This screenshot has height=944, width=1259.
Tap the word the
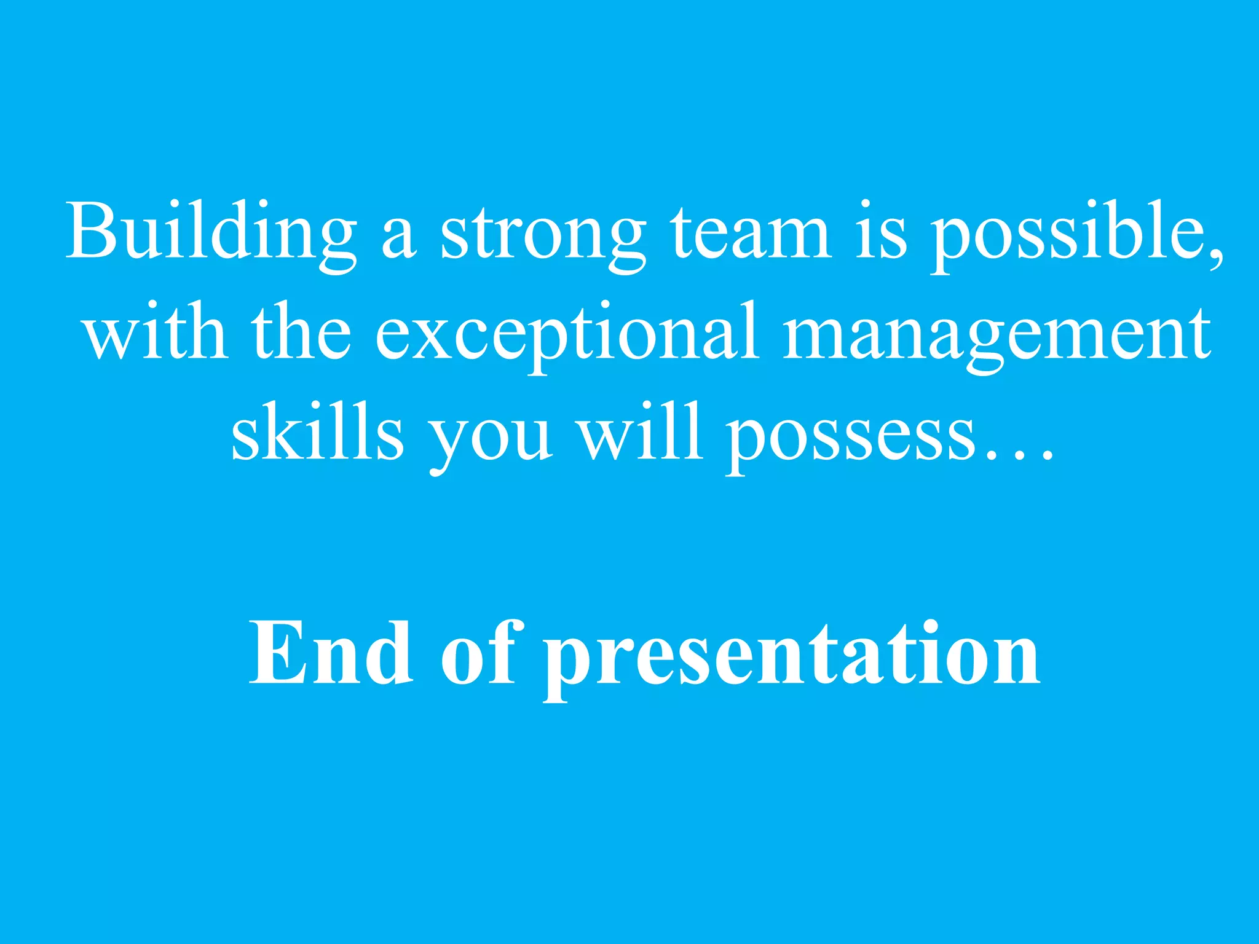[x=301, y=334]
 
